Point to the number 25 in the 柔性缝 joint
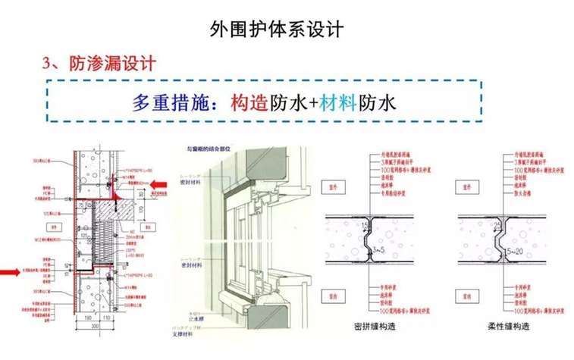coord(502,225)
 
